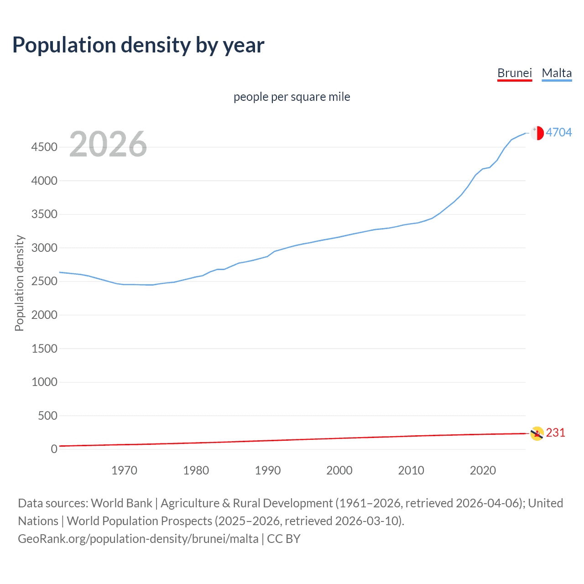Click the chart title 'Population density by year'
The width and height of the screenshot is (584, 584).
pyautogui.click(x=138, y=45)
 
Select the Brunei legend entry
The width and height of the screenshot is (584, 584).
pyautogui.click(x=515, y=73)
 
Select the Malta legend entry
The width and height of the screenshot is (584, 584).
pyautogui.click(x=557, y=73)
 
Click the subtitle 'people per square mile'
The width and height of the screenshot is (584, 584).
pyautogui.click(x=292, y=97)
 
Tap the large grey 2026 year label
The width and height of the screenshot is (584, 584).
pyautogui.click(x=108, y=144)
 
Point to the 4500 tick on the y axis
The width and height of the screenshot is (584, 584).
pyautogui.click(x=44, y=147)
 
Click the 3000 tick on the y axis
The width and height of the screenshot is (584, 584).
pyautogui.click(x=44, y=248)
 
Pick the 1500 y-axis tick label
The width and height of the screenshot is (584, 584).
pyautogui.click(x=44, y=349)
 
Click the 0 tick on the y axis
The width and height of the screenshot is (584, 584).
pyautogui.click(x=54, y=449)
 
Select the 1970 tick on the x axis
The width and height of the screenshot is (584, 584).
pyautogui.click(x=124, y=470)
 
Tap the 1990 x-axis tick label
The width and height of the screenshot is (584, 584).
pyautogui.click(x=268, y=470)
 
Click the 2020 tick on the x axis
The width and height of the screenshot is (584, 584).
pyautogui.click(x=483, y=470)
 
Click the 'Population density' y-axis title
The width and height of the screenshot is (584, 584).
pyautogui.click(x=19, y=283)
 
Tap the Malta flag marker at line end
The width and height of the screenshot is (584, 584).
pyautogui.click(x=537, y=133)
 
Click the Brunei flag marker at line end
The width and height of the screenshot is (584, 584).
pyautogui.click(x=537, y=433)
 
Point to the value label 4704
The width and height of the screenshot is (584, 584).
pyautogui.click(x=559, y=132)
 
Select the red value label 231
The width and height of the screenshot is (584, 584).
pyautogui.click(x=556, y=433)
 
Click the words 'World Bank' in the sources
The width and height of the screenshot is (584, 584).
pyautogui.click(x=121, y=503)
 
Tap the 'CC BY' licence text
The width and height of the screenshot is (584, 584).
pyautogui.click(x=284, y=539)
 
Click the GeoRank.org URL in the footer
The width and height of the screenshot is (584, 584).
pyautogui.click(x=138, y=539)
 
